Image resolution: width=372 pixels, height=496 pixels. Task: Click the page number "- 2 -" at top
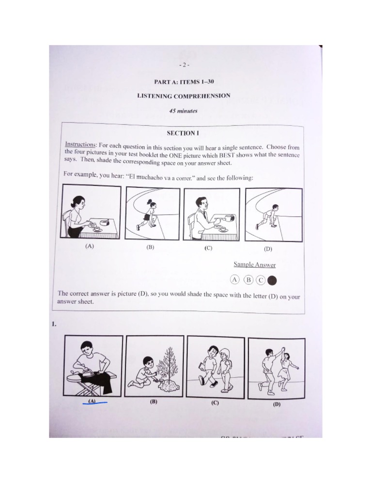click(x=185, y=64)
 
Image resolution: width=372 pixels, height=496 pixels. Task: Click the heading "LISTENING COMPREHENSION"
click(x=184, y=96)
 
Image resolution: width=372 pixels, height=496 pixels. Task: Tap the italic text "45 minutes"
click(x=183, y=111)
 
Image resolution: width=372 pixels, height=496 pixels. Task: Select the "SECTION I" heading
click(x=183, y=133)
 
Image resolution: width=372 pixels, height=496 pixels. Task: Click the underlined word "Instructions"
click(x=80, y=145)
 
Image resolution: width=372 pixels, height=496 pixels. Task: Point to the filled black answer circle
click(x=273, y=279)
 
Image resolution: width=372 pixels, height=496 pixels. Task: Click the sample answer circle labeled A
click(x=235, y=279)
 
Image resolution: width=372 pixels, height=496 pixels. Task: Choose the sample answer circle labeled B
click(x=248, y=279)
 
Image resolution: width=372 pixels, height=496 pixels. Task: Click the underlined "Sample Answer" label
click(x=254, y=264)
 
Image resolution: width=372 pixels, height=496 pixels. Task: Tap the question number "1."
click(x=55, y=325)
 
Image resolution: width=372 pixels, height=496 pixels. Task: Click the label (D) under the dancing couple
click(x=277, y=404)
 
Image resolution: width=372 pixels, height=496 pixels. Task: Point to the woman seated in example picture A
click(x=76, y=217)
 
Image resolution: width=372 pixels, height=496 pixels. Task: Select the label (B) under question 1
click(x=153, y=402)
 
